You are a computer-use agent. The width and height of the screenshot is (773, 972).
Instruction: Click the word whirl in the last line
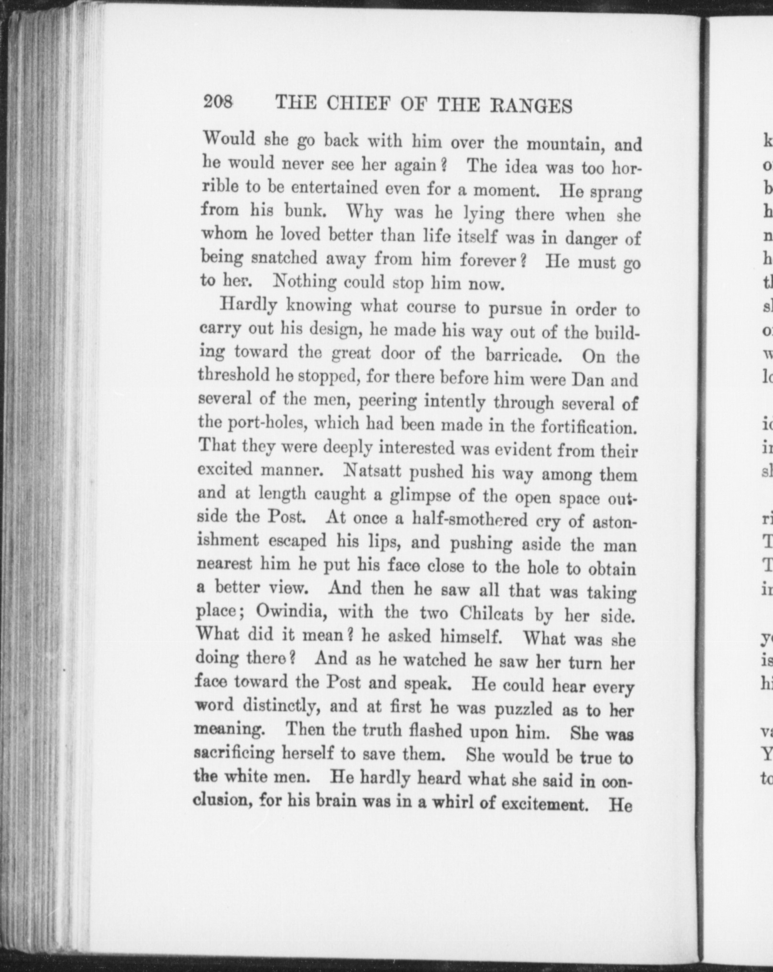[452, 802]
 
